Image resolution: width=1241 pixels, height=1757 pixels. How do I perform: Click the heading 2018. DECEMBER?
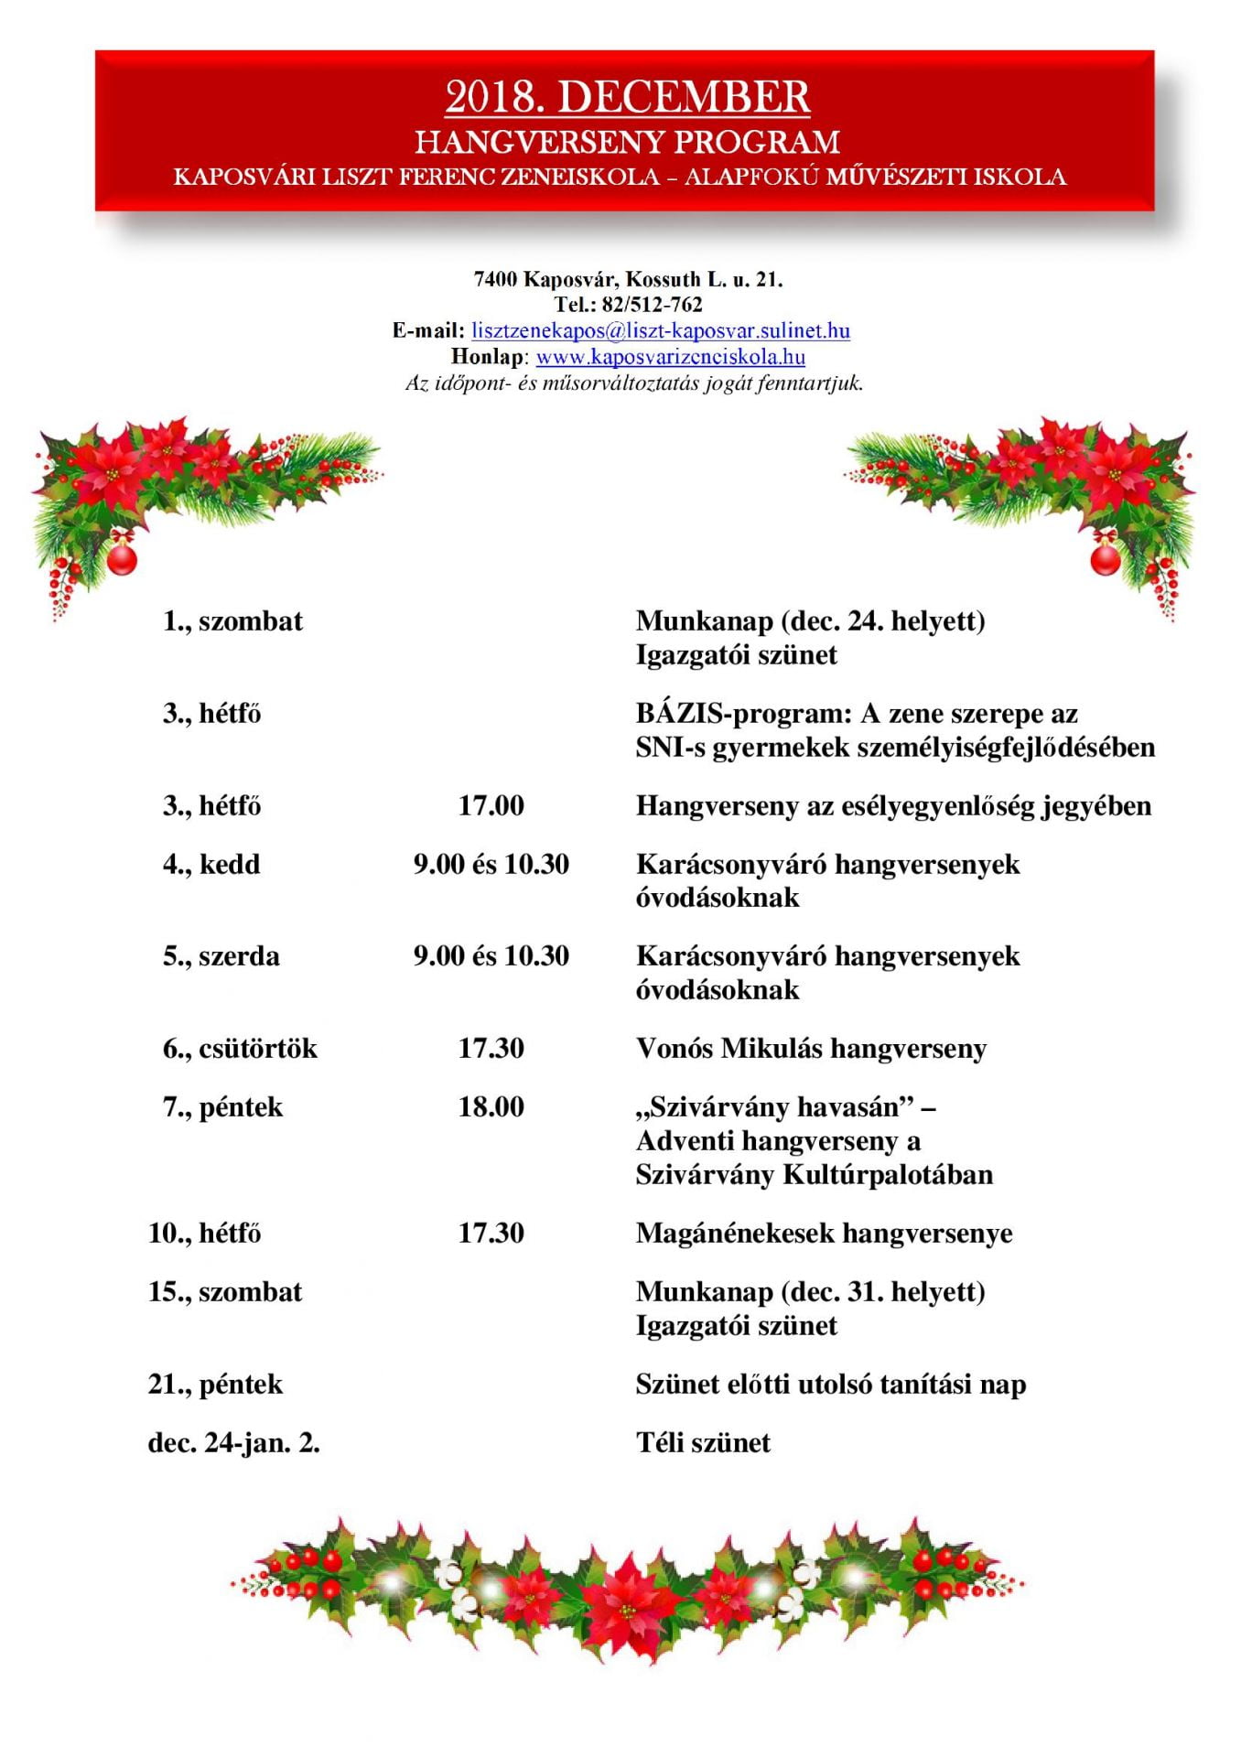627,97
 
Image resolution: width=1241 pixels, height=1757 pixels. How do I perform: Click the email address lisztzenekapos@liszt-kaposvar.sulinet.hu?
661,330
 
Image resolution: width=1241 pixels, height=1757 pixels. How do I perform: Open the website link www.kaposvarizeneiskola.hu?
670,357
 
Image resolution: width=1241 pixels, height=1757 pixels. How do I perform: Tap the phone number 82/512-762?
652,305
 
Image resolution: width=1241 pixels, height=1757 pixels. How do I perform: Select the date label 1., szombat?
232,621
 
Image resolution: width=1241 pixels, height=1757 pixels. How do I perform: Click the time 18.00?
491,1107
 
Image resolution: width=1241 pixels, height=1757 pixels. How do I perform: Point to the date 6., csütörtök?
240,1049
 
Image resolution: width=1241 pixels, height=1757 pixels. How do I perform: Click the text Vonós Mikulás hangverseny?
811,1049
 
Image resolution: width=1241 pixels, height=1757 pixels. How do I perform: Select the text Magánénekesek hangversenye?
824,1234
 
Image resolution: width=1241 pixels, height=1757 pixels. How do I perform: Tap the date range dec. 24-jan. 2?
233,1443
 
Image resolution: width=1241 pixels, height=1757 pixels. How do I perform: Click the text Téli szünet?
703,1443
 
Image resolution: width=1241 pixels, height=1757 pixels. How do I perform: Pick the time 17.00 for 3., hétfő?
491,806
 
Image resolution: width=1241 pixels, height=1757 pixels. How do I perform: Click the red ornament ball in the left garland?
122,557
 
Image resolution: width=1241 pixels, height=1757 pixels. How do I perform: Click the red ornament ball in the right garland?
1105,557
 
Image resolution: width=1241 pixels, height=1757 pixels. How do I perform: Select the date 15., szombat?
225,1292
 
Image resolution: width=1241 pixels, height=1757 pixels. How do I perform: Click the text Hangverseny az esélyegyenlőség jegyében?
893,806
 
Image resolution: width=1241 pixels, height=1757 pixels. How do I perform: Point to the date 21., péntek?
215,1385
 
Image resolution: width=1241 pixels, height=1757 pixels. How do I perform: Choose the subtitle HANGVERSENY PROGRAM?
627,143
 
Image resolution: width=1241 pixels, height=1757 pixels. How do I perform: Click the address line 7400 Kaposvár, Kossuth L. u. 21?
628,279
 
